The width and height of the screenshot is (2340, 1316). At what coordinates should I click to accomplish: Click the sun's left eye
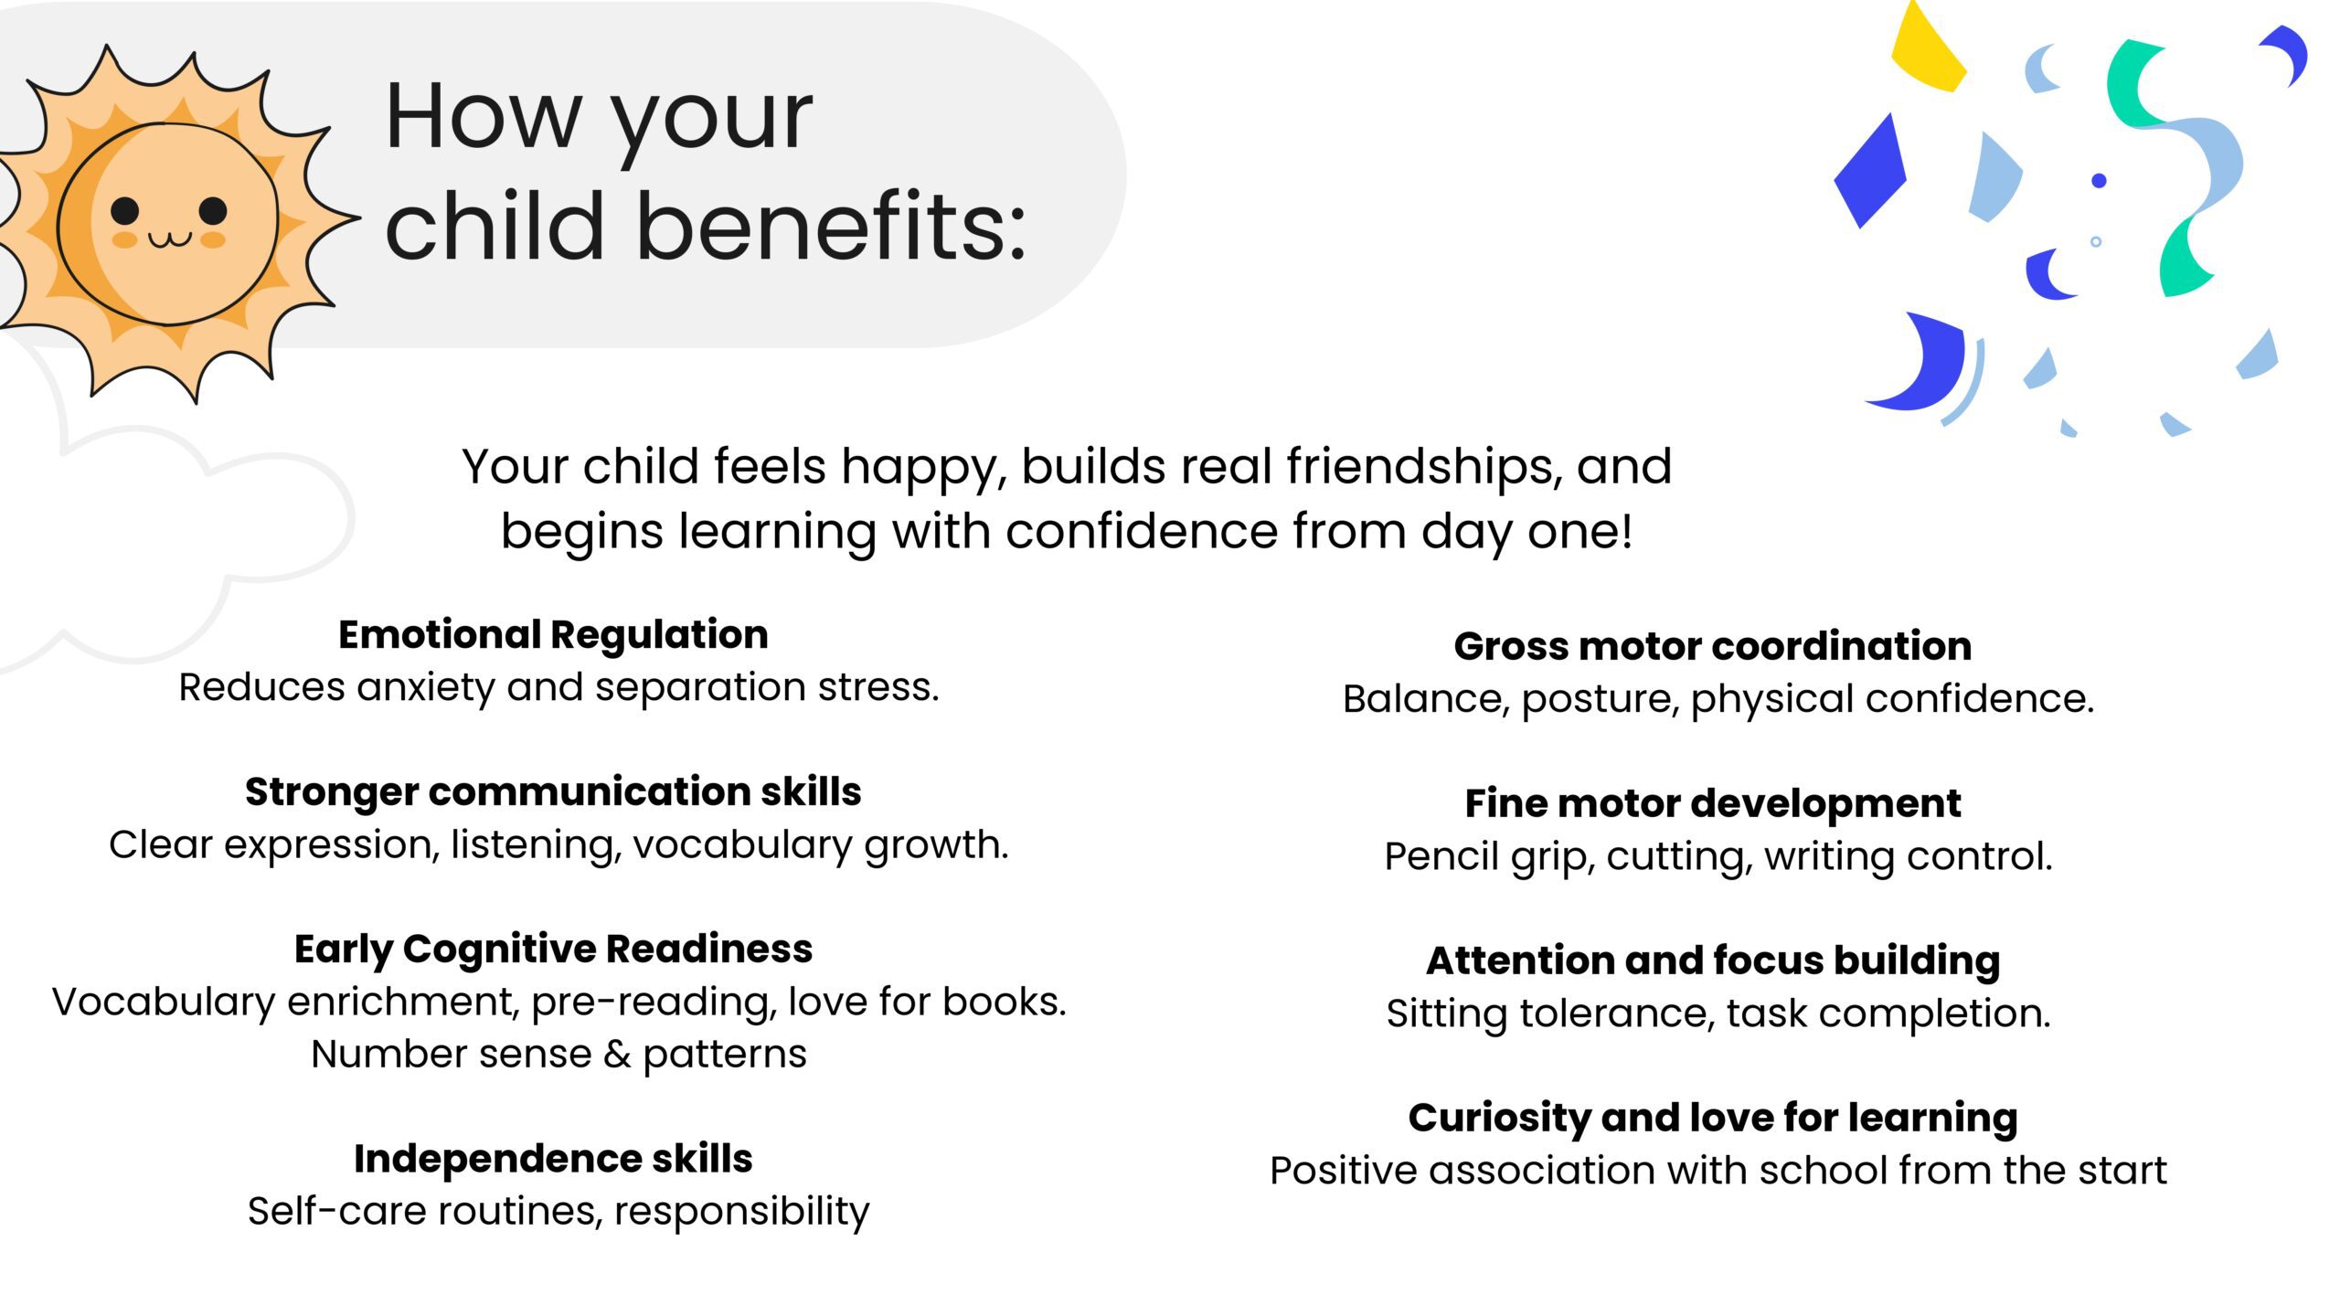pos(124,211)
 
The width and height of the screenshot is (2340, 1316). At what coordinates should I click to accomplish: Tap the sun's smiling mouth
pos(170,239)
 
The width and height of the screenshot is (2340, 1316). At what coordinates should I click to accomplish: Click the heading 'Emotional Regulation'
pos(553,634)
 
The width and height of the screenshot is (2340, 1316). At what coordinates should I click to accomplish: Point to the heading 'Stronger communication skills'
pos(553,791)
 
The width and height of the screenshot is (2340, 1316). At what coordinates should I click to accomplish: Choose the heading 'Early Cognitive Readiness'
pos(553,949)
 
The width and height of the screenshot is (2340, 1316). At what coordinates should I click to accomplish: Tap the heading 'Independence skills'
pos(553,1159)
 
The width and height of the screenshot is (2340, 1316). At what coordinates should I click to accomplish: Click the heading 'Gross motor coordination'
pos(1712,646)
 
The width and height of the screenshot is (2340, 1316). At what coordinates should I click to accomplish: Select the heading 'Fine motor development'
pos(1712,803)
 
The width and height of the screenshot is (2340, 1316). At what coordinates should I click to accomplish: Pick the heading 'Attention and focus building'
pos(1712,960)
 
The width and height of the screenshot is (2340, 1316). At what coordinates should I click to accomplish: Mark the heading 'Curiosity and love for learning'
pos(1712,1118)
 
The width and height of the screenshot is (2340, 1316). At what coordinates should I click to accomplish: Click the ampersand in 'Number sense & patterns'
pos(617,1055)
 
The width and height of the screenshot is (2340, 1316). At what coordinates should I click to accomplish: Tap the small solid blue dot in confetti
pos(2099,181)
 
